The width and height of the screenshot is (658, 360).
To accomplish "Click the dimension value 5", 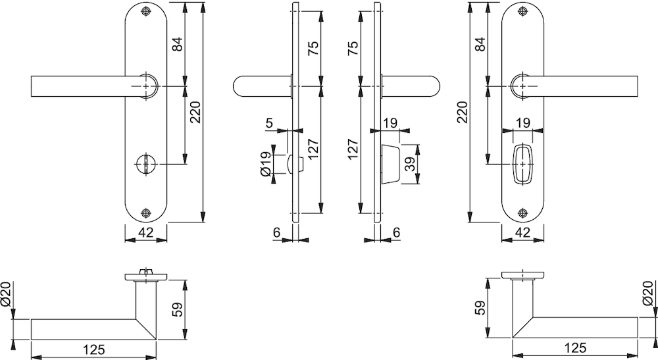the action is (269, 123).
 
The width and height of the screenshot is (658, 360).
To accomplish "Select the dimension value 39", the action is (411, 164).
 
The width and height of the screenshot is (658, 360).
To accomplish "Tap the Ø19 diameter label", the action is (266, 165).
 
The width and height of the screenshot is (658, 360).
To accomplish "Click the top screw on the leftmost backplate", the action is (145, 11).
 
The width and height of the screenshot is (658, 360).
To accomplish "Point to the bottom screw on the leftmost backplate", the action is (145, 213).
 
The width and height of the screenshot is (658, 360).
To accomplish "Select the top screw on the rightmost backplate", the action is (522, 11).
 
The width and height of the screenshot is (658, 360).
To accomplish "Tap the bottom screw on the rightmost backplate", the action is (522, 213).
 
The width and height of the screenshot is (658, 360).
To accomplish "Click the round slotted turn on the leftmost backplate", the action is (145, 164).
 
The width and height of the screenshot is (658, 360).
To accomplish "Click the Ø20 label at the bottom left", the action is (6, 294).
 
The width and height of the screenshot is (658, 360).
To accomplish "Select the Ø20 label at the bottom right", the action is (649, 293).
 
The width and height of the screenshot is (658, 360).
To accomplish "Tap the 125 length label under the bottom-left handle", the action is (93, 349).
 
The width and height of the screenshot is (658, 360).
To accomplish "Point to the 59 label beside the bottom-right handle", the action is (481, 307).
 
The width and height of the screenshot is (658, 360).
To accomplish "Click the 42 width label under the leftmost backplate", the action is (145, 232).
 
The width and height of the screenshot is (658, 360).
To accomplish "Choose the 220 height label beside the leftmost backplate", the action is (195, 112).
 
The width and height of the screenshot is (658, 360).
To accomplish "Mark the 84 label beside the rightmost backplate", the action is (480, 44).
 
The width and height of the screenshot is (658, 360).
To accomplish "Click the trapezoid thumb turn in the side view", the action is (390, 164).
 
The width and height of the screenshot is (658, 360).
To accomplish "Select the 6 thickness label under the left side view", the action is (276, 232).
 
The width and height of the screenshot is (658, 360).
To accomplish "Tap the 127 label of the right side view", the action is (353, 149).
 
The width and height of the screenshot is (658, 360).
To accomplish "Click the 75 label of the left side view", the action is (313, 48).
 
